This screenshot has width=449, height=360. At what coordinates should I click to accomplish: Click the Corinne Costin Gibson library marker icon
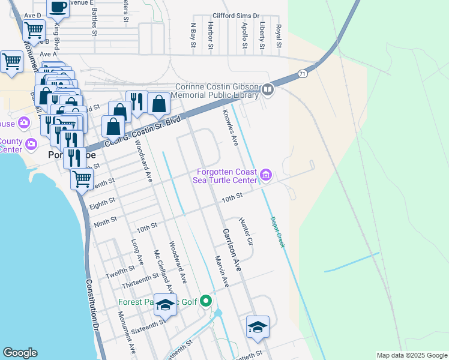coord(268,91)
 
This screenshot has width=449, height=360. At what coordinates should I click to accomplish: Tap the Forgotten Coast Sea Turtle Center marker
coord(266,175)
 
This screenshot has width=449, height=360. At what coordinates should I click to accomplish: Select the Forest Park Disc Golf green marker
coord(206,301)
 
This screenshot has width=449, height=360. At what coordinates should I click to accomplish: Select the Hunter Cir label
coord(247,231)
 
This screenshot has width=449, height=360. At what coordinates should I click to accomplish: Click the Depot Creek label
coord(276,232)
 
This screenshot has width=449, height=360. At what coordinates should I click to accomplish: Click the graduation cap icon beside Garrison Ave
coord(258,327)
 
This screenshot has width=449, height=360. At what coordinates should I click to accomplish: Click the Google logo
coord(20,353)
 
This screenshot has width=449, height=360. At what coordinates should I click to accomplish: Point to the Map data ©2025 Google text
coord(411,355)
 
